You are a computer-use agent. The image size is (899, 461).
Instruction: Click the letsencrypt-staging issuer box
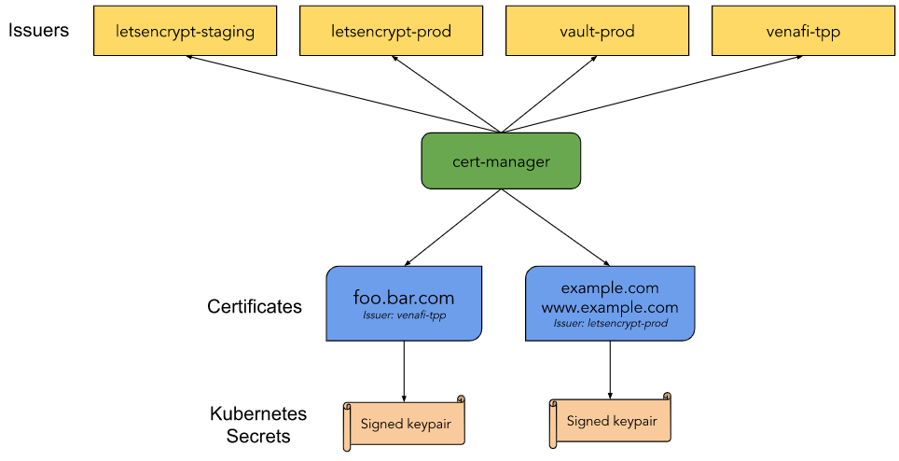coord(186,31)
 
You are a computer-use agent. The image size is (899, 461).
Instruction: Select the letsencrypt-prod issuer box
coord(391,31)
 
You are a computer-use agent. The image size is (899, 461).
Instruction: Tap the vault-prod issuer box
coord(597,31)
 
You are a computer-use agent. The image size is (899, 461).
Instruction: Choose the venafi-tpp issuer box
coord(803,31)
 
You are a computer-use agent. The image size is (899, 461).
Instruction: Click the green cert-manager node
coord(501,161)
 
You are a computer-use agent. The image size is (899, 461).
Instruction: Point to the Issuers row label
coord(38,30)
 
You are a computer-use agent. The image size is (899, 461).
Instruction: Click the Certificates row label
coord(255,306)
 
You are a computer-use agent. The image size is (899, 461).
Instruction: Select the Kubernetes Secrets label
coord(258,425)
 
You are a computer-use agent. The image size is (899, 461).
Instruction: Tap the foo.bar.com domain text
coord(404,298)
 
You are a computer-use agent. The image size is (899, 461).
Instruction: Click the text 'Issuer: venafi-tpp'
coord(404,314)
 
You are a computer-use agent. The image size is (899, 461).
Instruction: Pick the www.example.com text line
coord(610,307)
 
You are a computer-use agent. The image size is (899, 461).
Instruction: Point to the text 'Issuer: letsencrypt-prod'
coord(610,324)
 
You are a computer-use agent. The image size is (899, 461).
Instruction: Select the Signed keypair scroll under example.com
coord(610,420)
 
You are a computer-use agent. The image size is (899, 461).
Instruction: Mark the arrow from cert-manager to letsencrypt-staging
coord(343,94)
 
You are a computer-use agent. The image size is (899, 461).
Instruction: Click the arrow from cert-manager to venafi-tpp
coord(652,94)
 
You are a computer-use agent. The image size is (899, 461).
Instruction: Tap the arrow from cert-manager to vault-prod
coord(549,94)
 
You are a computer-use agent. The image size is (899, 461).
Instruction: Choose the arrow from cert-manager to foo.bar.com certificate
coord(453,228)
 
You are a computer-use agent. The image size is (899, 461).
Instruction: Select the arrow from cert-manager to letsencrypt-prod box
coord(446,94)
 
